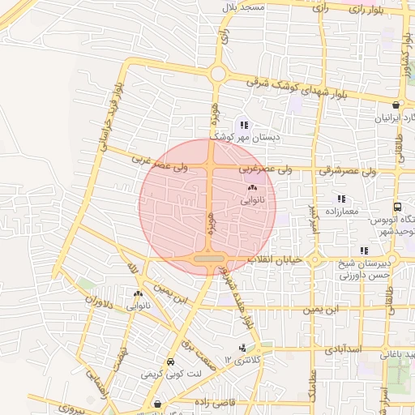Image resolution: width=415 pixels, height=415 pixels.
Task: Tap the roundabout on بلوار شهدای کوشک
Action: tap(217, 75)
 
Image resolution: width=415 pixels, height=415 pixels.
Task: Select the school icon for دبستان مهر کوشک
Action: tap(244, 126)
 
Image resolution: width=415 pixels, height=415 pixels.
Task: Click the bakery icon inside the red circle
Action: tap(251, 188)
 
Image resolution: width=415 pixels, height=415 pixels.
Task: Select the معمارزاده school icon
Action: tap(341, 199)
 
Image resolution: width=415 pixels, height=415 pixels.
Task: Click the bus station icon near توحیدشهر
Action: tap(397, 207)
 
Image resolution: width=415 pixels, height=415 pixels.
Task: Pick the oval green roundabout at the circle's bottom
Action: tap(208, 259)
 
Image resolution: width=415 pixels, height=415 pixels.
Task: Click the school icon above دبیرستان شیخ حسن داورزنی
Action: tap(364, 250)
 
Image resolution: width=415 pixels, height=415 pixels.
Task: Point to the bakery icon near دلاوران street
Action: tap(137, 294)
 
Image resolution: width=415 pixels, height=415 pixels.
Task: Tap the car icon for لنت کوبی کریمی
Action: tap(169, 362)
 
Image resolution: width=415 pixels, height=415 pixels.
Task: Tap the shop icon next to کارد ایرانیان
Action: tap(396, 105)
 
